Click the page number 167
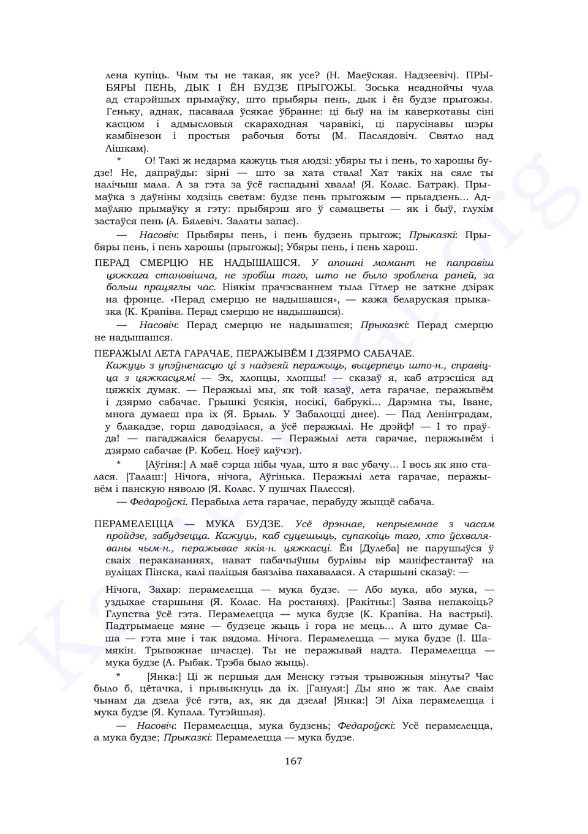click(293, 761)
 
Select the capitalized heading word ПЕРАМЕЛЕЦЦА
click(134, 524)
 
